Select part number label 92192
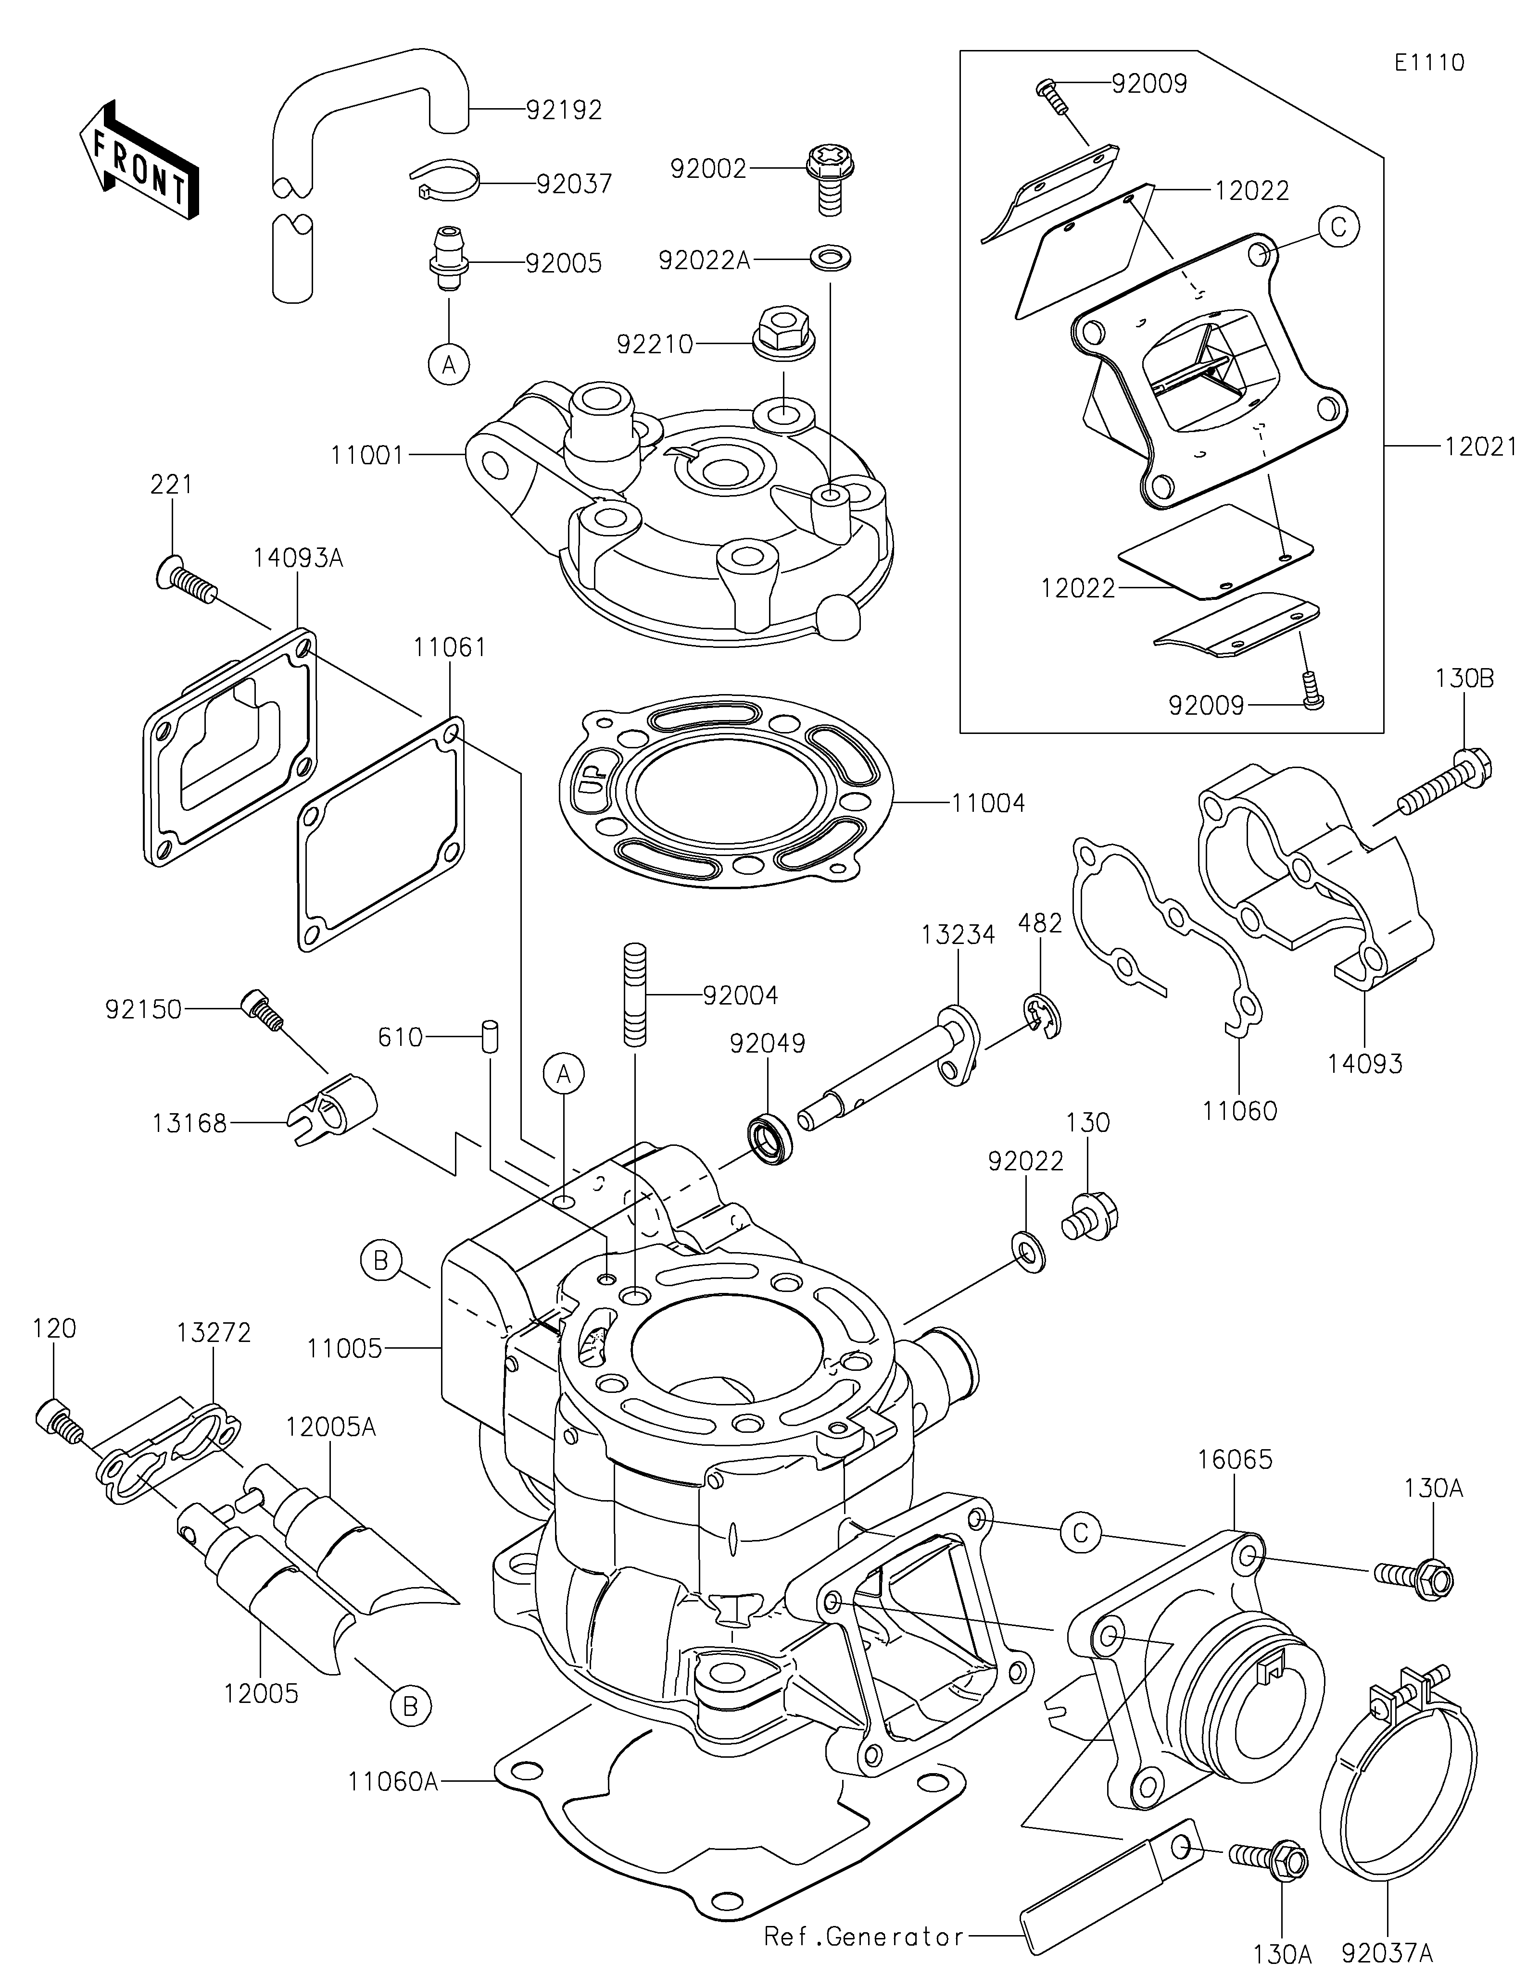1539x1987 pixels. point(564,110)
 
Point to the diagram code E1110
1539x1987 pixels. point(1429,63)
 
